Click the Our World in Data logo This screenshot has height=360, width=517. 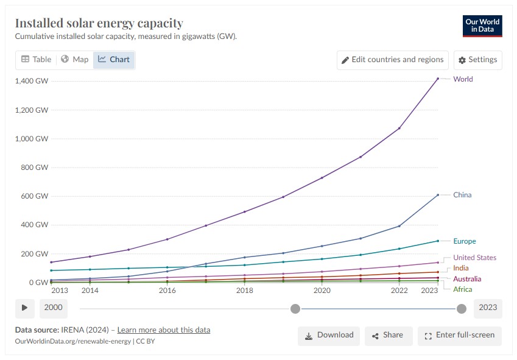click(482, 26)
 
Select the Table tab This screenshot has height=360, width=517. click(37, 60)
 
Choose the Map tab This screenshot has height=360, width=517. click(75, 60)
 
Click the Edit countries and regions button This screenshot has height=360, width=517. click(392, 60)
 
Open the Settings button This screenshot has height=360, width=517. click(478, 60)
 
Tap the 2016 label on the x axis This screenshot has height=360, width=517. click(167, 291)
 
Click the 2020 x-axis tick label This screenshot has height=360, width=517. click(322, 291)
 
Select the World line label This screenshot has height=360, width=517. click(463, 79)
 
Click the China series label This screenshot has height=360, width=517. click(462, 195)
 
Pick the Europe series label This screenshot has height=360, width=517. click(465, 241)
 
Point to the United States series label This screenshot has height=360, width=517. click(474, 258)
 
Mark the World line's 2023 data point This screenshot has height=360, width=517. click(438, 79)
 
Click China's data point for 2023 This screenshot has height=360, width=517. click(438, 195)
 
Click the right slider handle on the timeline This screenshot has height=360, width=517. click(461, 309)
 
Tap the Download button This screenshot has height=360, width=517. click(329, 335)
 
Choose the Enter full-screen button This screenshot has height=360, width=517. click(460, 335)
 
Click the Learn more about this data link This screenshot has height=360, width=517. click(160, 330)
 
